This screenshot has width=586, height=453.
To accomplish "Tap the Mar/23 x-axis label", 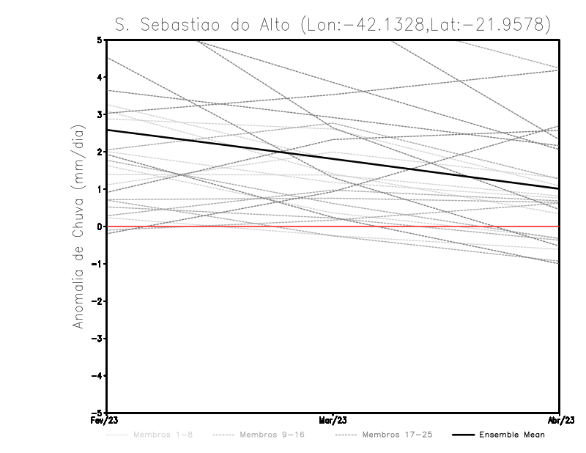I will [x=333, y=421].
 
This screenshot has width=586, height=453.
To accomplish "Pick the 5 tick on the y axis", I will [x=100, y=40].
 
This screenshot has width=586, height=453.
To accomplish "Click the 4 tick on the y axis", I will [x=100, y=77].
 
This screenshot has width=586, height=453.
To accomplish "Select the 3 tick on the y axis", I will [x=100, y=114].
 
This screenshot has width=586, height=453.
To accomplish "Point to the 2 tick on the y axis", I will [x=100, y=152].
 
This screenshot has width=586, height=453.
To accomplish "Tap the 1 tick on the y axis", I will [x=100, y=189].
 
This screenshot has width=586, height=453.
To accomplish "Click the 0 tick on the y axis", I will [x=100, y=226].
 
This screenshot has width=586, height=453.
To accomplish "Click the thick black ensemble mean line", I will [x=333, y=159].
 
